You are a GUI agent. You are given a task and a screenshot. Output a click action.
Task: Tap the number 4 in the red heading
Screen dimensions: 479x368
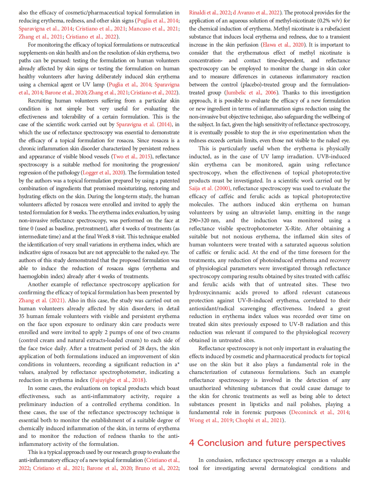191,443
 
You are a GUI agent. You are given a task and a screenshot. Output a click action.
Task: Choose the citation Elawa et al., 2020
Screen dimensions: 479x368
283,45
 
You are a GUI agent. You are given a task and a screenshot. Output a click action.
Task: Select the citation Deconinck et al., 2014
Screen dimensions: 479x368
320,412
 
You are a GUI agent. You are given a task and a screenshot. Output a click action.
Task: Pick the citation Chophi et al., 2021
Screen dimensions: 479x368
259,420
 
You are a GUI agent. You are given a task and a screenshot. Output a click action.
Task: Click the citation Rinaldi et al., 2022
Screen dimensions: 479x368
210,12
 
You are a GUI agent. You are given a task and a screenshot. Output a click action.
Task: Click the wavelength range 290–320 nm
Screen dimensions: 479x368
204,220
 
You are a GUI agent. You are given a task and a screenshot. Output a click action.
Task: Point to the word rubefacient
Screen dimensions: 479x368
333,28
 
